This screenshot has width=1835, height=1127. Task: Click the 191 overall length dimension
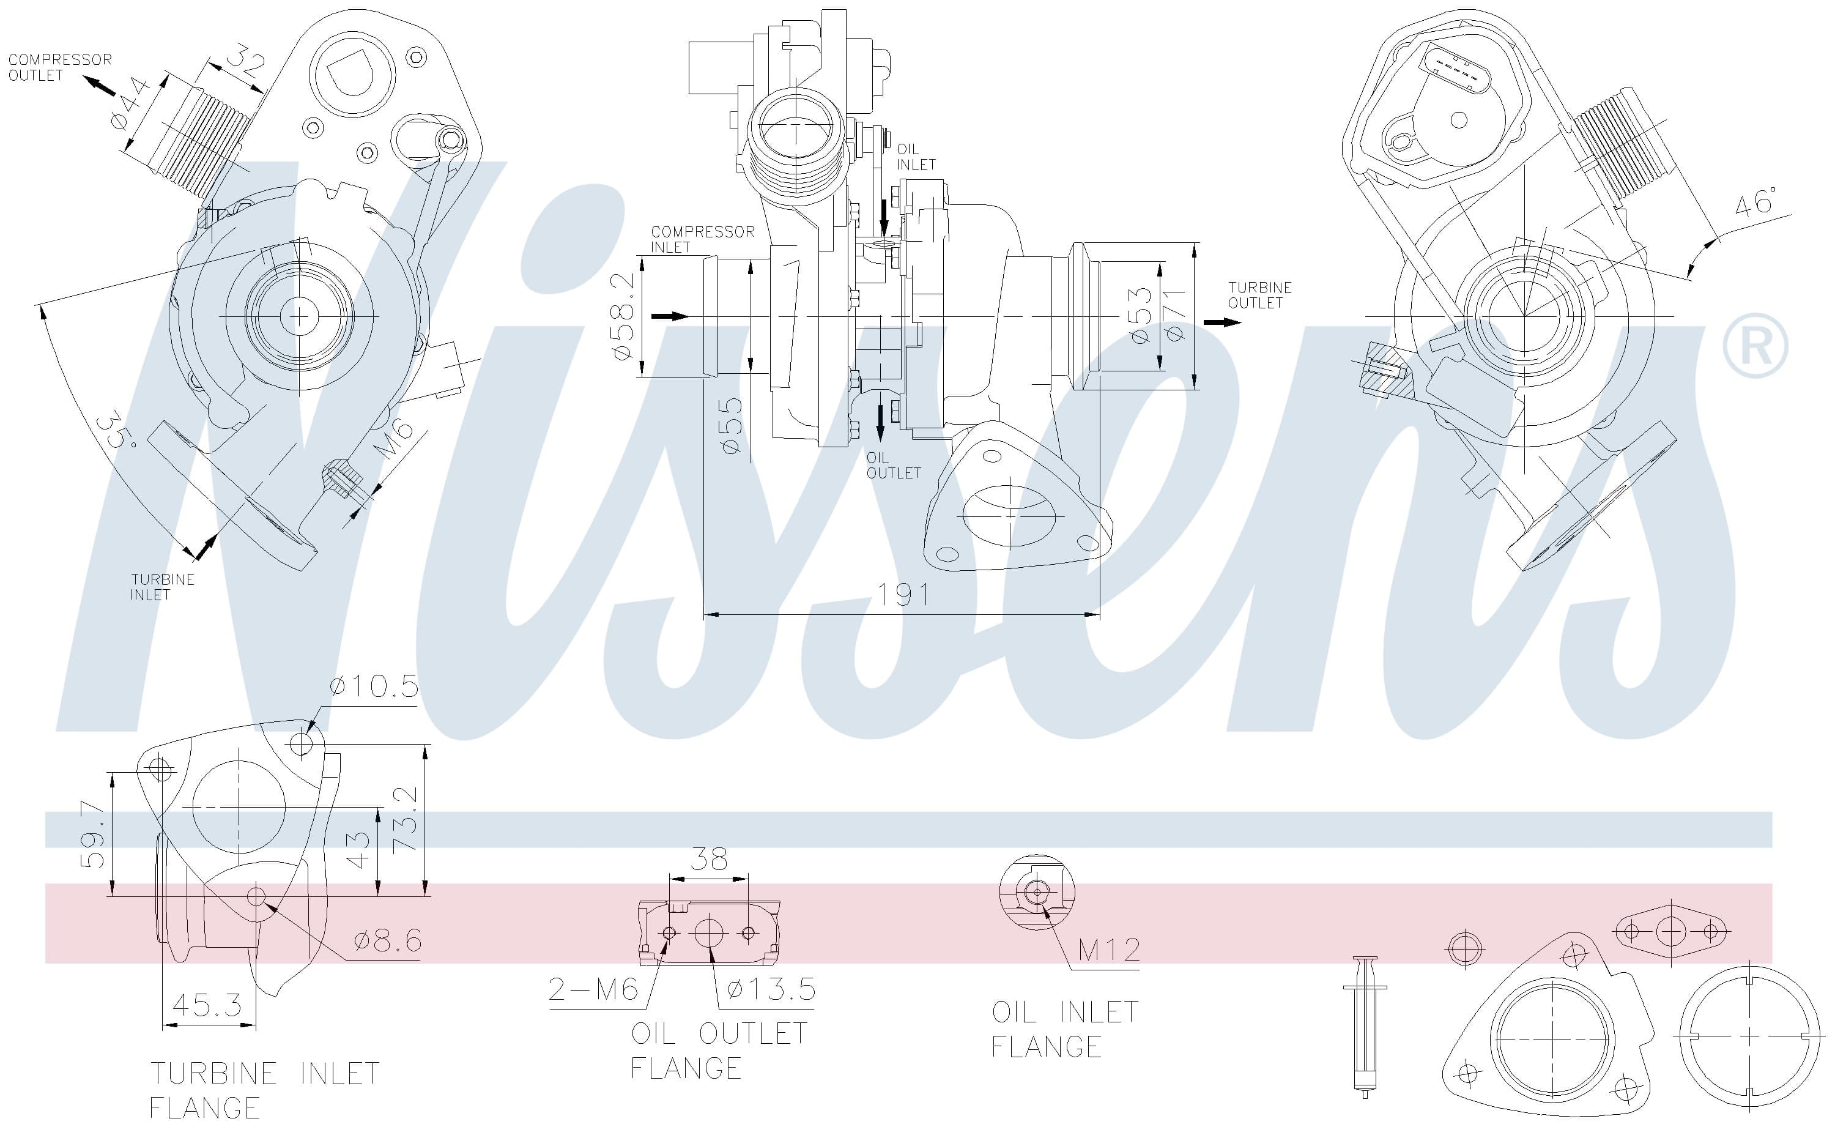point(903,594)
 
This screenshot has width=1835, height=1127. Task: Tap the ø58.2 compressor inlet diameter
point(623,316)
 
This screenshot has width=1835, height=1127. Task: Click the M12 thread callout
point(1108,950)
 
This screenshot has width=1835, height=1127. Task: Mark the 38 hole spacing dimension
point(708,860)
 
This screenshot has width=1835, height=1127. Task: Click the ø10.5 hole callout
point(373,686)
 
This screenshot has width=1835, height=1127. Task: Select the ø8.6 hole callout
point(387,940)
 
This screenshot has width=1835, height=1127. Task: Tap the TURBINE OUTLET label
point(1260,295)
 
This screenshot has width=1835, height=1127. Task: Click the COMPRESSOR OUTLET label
point(59,67)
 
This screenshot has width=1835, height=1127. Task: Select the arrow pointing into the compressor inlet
point(670,317)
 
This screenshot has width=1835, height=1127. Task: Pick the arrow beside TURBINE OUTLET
point(1223,323)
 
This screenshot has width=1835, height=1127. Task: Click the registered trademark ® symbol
point(1754,346)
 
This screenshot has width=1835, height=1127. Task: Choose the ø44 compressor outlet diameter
point(133,103)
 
